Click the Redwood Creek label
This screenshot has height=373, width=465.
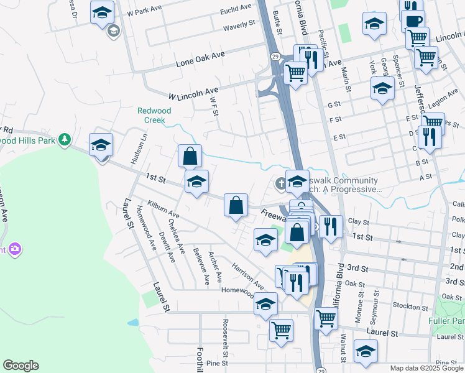tap(154, 115)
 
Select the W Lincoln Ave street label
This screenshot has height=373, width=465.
tap(193, 93)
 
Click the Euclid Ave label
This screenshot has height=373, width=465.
tap(236, 7)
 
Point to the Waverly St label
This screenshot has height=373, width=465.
tap(239, 24)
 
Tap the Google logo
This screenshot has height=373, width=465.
tap(21, 366)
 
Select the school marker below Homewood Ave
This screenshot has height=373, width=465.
tap(265, 304)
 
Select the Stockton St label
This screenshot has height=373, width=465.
tap(408, 306)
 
